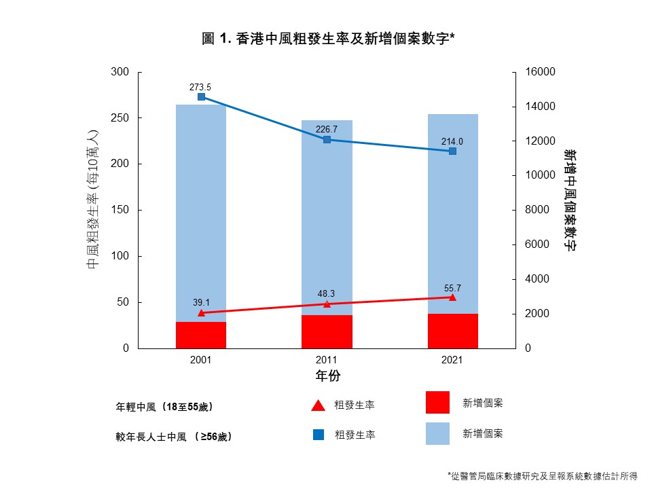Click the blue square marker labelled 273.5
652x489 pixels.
click(201, 97)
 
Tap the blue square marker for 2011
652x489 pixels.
click(327, 140)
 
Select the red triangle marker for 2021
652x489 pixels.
click(452, 297)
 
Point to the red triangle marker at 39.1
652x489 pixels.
click(201, 312)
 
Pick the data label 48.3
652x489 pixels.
click(327, 293)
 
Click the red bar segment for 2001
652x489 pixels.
click(201, 335)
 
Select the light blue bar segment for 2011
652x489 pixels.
click(327, 217)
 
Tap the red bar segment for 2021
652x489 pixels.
click(452, 331)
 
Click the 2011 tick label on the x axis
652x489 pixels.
click(327, 360)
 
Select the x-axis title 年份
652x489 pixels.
click(327, 376)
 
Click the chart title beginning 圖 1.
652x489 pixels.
click(328, 39)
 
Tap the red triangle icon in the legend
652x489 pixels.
click(318, 405)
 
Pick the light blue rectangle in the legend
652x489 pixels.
click(437, 433)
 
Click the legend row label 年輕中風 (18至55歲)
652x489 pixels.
click(164, 407)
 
